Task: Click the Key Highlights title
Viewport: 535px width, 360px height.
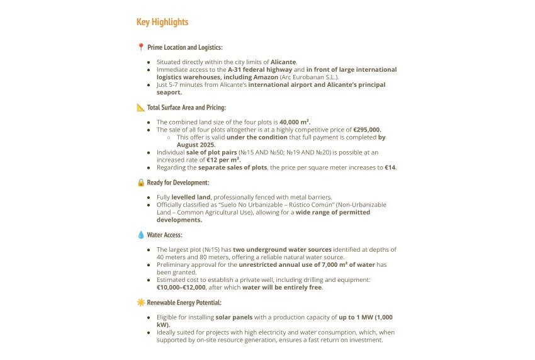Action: click(x=162, y=22)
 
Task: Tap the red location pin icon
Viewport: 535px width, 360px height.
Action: click(x=141, y=47)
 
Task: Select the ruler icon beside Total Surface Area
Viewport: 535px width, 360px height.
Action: click(x=141, y=108)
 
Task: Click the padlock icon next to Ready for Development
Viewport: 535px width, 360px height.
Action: click(x=141, y=183)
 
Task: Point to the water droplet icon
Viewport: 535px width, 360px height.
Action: click(x=141, y=235)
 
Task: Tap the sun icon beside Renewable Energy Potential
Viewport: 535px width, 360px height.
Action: click(x=141, y=303)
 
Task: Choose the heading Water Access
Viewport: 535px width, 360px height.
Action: click(x=165, y=235)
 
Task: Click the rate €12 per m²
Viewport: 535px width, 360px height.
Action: click(x=223, y=160)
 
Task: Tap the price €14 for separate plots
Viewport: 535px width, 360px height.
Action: click(x=390, y=167)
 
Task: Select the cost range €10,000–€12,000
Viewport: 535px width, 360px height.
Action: click(x=181, y=288)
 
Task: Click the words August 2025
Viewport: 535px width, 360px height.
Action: click(x=196, y=145)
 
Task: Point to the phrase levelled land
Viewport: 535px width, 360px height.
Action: click(x=191, y=197)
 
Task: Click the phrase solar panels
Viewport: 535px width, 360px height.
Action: click(x=234, y=318)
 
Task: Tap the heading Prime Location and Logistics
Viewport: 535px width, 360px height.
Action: click(x=184, y=47)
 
